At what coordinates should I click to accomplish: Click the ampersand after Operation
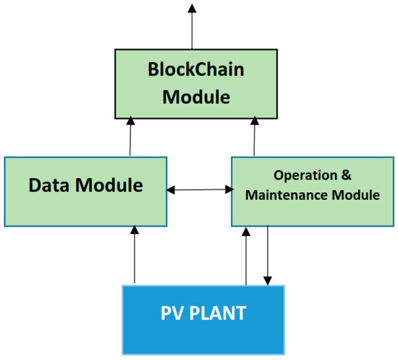(x=344, y=175)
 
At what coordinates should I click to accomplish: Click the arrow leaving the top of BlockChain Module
(x=192, y=25)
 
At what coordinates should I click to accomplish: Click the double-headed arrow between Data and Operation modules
(x=199, y=190)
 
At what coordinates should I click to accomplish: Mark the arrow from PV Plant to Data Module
(x=135, y=254)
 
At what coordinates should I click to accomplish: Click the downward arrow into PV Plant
(x=269, y=254)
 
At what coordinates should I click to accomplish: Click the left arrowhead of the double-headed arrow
(x=172, y=190)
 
